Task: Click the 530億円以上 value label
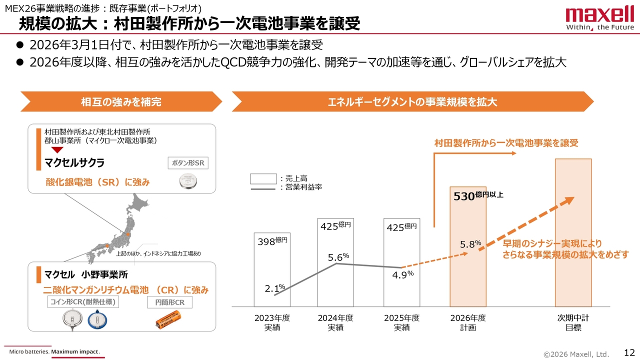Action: click(478, 196)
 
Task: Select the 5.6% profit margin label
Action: click(338, 257)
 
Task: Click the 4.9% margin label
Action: click(402, 275)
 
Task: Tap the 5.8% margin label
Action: click(470, 244)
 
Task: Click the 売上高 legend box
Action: click(263, 178)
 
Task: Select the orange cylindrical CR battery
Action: click(168, 319)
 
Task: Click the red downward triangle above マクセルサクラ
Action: click(58, 150)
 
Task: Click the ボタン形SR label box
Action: click(187, 163)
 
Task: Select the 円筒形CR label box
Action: click(169, 302)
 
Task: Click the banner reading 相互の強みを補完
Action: click(121, 102)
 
